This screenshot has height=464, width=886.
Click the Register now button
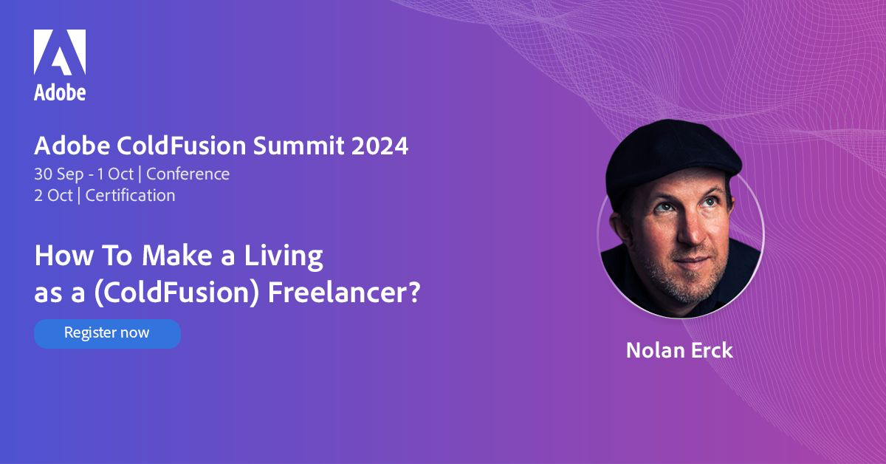tap(107, 334)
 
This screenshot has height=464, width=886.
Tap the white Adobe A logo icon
tap(60, 52)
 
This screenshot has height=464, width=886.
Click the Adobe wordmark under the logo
tap(60, 92)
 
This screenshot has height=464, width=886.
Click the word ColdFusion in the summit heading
tap(182, 146)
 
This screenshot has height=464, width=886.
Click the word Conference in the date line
tap(188, 174)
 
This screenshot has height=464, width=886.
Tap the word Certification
tap(130, 196)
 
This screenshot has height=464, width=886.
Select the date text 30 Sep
tap(59, 174)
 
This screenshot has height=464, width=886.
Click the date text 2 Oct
tap(53, 196)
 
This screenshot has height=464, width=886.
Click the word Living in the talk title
tap(284, 256)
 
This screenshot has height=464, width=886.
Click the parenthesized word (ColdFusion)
tap(176, 294)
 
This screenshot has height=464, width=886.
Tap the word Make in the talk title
tap(177, 256)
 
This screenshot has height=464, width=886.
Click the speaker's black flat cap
tap(673, 158)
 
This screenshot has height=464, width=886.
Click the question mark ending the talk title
tap(413, 293)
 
